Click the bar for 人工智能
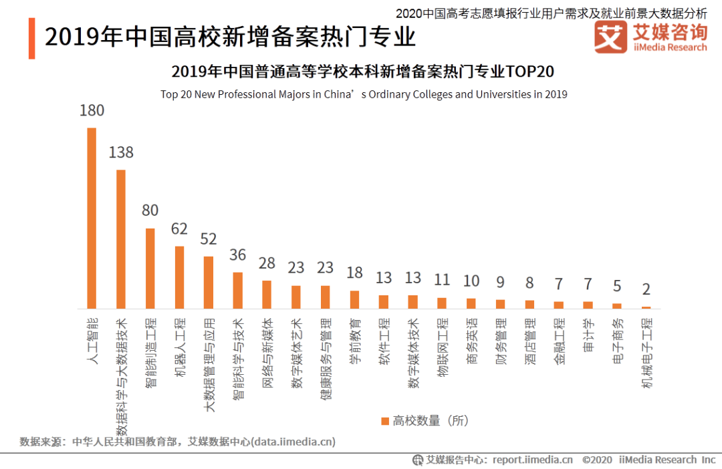92,218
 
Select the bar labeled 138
121,239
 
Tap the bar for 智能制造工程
150,268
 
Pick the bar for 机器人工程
179,277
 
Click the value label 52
209,239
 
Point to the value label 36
237,255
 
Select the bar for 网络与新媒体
267,294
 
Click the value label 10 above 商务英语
471,281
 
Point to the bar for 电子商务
617,305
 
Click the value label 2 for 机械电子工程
646,289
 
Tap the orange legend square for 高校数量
384,421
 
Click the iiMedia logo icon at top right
610,37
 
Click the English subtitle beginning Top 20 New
364,94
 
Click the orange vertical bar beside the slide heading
31,38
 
